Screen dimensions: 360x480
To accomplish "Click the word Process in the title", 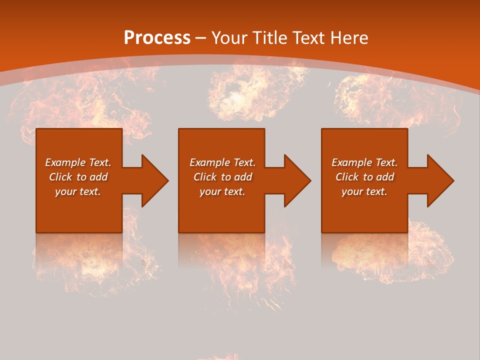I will coord(157,38).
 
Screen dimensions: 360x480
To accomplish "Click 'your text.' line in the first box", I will coord(78,191).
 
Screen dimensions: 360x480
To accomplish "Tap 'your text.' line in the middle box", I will coord(222,191).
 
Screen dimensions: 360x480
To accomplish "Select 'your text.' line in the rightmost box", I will coord(364,191).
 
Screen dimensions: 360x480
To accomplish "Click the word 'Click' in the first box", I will coord(61,177).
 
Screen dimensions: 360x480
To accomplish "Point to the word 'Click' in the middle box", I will coord(205,177).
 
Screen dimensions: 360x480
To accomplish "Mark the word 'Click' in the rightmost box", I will coord(347,177).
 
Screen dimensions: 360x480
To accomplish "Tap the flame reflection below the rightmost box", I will coord(390,252).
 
